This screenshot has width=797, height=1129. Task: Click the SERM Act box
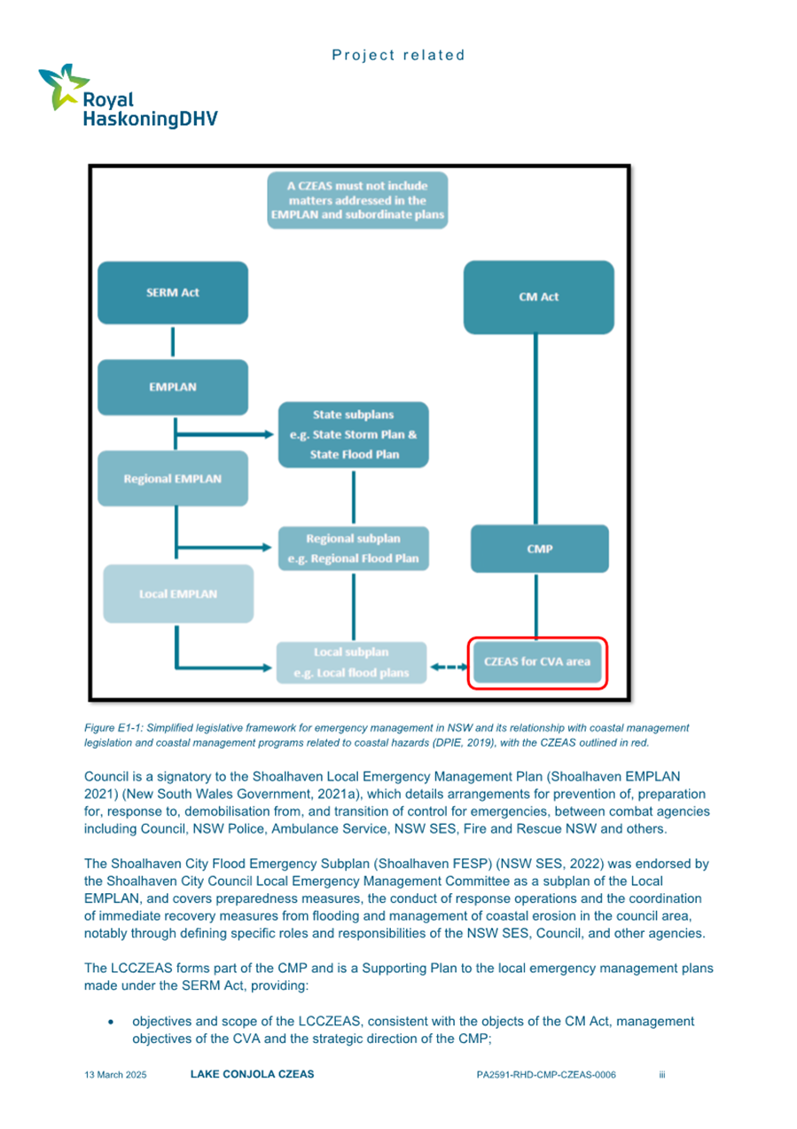[172, 294]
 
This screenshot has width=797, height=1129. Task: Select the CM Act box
[538, 297]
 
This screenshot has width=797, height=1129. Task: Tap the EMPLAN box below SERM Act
[172, 387]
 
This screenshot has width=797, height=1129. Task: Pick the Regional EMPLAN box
[172, 479]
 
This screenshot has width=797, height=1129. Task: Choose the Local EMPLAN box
[177, 593]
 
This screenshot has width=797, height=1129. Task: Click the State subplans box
[353, 435]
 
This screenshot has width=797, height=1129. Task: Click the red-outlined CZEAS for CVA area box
[538, 663]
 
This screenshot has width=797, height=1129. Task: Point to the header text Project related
[398, 55]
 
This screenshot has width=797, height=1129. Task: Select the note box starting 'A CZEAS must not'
[357, 200]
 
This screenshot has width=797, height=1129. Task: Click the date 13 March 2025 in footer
[115, 1074]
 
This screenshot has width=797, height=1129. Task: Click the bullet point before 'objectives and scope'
[110, 1022]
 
